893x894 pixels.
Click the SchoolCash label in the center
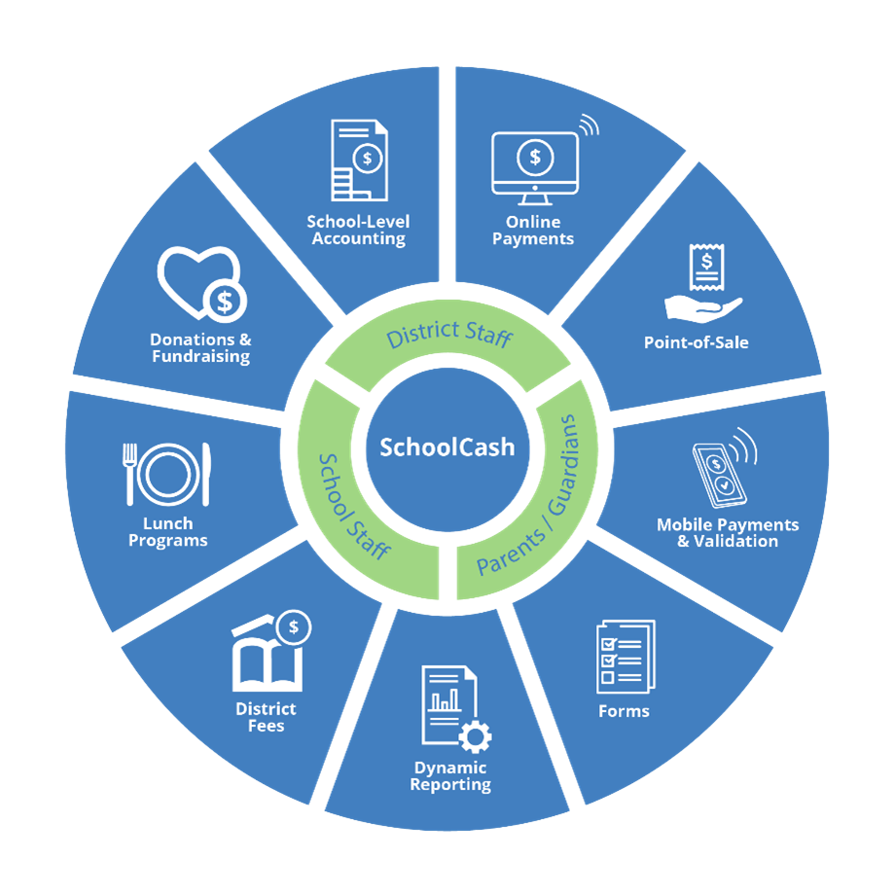[x=446, y=447]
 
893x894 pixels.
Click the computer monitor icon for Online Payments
[x=534, y=159]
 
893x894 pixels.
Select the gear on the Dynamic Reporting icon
[x=475, y=737]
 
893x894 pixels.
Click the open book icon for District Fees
[x=266, y=662]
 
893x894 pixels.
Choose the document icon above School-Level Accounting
[x=357, y=161]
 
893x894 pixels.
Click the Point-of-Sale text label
[x=697, y=342]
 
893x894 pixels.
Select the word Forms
[x=624, y=711]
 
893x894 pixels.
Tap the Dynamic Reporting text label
[x=449, y=776]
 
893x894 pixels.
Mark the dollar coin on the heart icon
[x=225, y=302]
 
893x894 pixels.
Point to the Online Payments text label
[x=533, y=231]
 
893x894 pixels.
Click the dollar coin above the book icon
[x=293, y=626]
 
